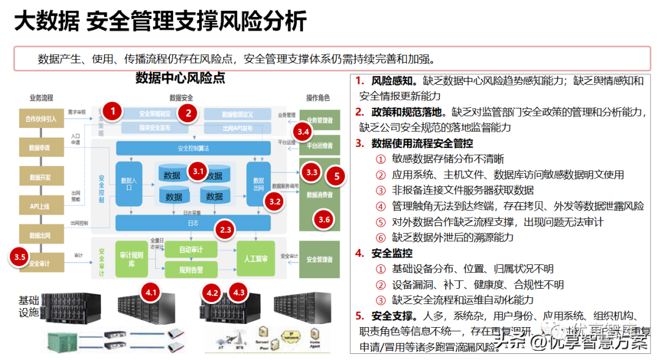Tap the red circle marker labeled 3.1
pos(198,171)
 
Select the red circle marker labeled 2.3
pos(225,230)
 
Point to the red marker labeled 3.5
pos(20,257)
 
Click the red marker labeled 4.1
pos(151,293)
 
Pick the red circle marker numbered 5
pos(336,177)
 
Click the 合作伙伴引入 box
pos(41,119)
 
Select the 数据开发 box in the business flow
pos(41,177)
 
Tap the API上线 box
pos(41,206)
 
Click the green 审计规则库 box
pos(132,259)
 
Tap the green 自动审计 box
pos(191,250)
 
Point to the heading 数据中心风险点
pos(180,79)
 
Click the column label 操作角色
pos(318,97)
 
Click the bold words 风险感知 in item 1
pos(394,81)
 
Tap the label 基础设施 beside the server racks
pos(29,306)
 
